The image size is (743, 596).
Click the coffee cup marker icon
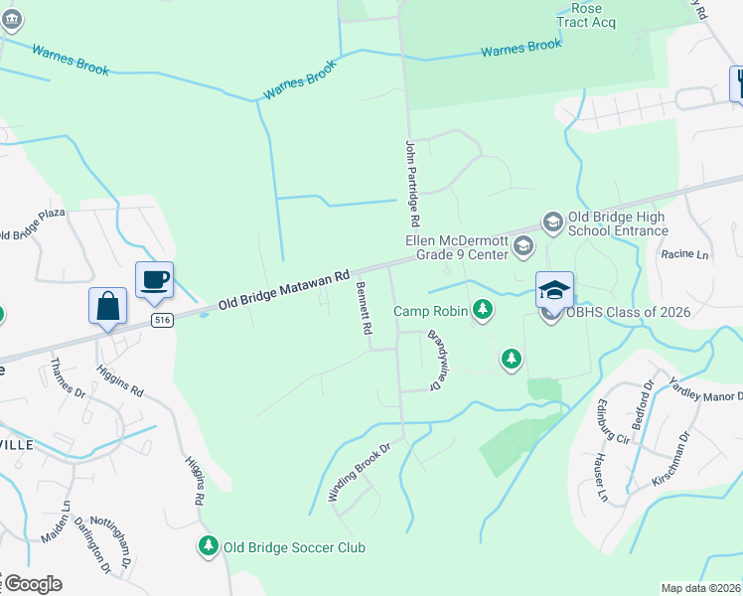tap(154, 280)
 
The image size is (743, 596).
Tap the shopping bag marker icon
tap(107, 306)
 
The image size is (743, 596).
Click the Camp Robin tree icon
tap(483, 311)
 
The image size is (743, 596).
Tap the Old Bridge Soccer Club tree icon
tap(208, 545)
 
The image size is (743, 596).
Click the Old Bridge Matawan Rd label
tap(285, 288)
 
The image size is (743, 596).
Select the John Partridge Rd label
tap(413, 182)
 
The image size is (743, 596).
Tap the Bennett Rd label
tap(363, 308)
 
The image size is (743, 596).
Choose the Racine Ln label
tap(685, 254)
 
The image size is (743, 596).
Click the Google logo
tap(33, 584)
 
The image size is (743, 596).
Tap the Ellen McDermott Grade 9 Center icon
tap(523, 244)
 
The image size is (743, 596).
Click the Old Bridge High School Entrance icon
tap(552, 221)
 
